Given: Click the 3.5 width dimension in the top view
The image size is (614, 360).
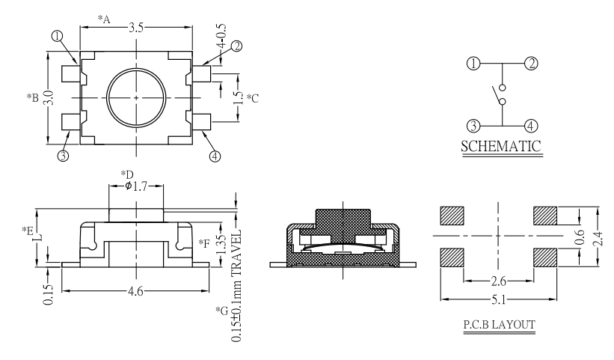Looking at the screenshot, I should (x=136, y=28).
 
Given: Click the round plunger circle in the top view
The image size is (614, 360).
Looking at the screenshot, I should (x=136, y=98).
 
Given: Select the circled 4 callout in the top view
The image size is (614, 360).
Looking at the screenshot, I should (x=215, y=156).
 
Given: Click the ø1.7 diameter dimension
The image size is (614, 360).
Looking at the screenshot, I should (x=135, y=186).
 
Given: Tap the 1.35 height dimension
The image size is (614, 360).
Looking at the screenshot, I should (x=221, y=244).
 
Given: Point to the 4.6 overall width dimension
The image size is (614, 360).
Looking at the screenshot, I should (x=135, y=293).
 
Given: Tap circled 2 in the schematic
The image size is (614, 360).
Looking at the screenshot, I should (x=531, y=64).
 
